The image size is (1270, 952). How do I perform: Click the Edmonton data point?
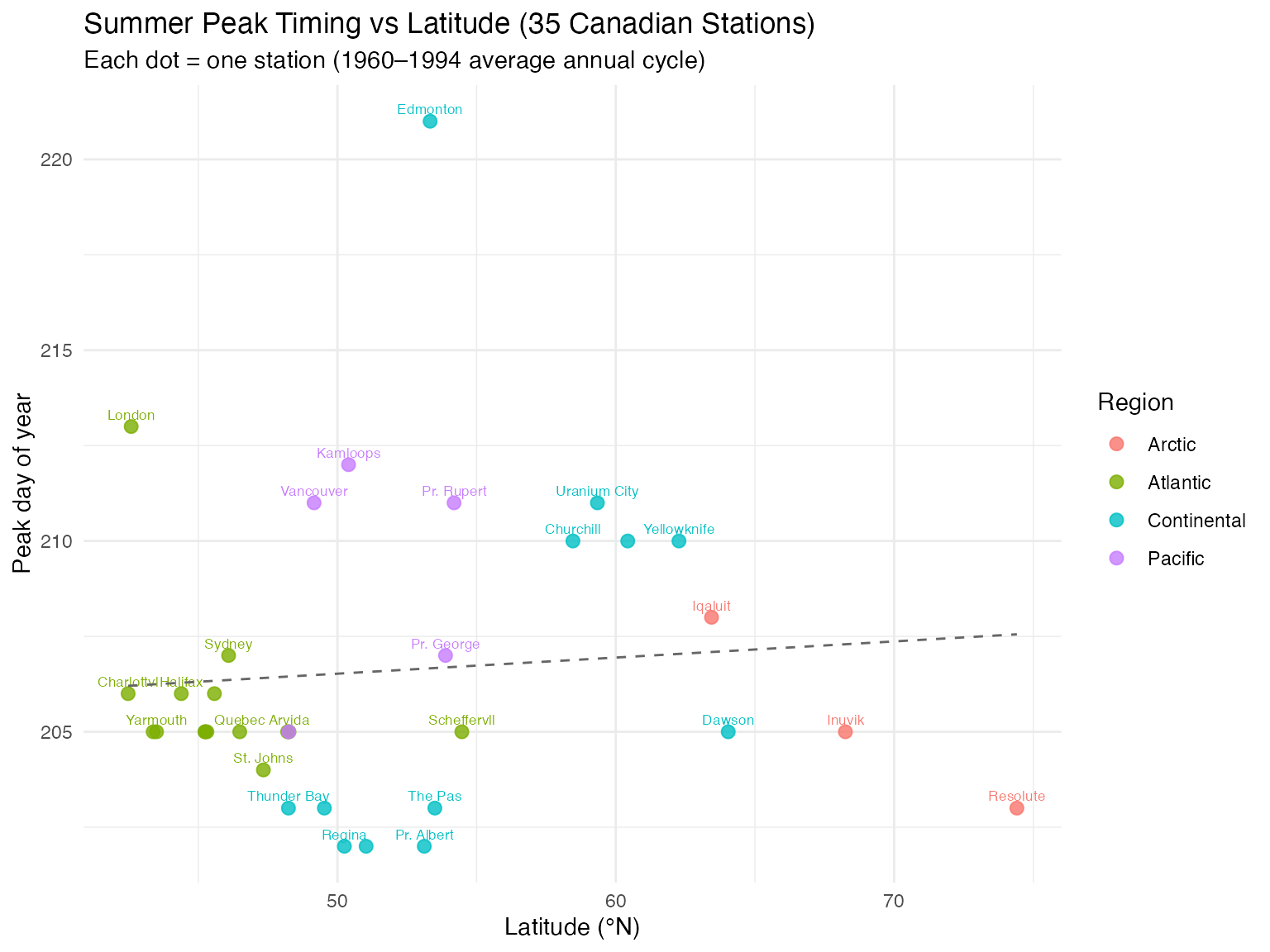pyautogui.click(x=430, y=121)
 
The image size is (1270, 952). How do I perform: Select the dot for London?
pyautogui.click(x=131, y=426)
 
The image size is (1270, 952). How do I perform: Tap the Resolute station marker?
pyautogui.click(x=1016, y=807)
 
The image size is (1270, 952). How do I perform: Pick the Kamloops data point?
pyautogui.click(x=348, y=464)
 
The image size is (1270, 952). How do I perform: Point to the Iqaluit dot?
pyautogui.click(x=711, y=617)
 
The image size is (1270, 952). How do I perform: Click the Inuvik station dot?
pyautogui.click(x=845, y=731)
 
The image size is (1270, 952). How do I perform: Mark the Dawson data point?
pyautogui.click(x=728, y=731)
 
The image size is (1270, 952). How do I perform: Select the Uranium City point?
pyautogui.click(x=597, y=502)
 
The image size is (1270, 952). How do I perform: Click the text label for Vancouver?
pyautogui.click(x=314, y=491)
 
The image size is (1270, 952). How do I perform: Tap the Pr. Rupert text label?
pyautogui.click(x=454, y=491)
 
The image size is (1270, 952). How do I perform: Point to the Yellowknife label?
pyautogui.click(x=678, y=529)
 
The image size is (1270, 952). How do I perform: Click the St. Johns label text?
pyautogui.click(x=263, y=758)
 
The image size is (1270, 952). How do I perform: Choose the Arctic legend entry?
pyautogui.click(x=1171, y=445)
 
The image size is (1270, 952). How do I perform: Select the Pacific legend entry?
pyautogui.click(x=1175, y=559)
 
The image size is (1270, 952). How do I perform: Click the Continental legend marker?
pyautogui.click(x=1116, y=521)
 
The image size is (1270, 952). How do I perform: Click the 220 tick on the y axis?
pyautogui.click(x=57, y=159)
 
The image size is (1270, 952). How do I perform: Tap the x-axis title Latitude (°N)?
pyautogui.click(x=572, y=928)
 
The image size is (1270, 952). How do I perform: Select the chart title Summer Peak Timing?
pyautogui.click(x=449, y=25)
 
